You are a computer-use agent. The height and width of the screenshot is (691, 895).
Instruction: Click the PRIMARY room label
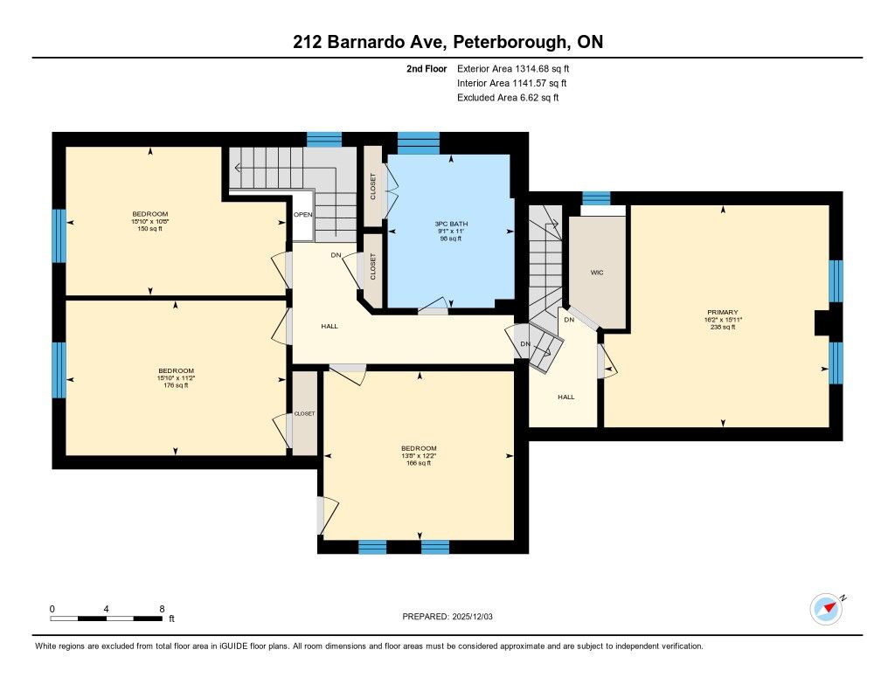click(x=723, y=312)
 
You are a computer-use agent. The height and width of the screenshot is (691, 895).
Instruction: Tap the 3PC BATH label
click(x=451, y=224)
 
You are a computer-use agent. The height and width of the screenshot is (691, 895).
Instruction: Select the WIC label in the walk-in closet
click(x=597, y=273)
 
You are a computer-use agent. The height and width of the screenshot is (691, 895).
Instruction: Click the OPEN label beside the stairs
click(x=303, y=215)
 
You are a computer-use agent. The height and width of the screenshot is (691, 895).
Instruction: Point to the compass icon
click(x=827, y=609)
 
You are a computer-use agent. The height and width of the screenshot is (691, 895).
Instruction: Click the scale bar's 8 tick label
click(x=162, y=609)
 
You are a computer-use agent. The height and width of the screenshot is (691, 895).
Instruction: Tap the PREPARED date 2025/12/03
click(x=473, y=616)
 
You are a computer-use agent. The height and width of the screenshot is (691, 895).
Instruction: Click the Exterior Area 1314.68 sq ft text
click(x=513, y=68)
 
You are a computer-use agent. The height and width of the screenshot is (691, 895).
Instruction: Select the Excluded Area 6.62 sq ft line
click(x=508, y=98)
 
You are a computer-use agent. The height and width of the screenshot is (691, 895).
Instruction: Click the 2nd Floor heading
click(x=427, y=68)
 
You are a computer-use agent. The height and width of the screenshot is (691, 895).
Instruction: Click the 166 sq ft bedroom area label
click(x=419, y=463)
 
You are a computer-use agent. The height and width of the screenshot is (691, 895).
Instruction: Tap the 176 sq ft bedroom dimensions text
click(x=177, y=377)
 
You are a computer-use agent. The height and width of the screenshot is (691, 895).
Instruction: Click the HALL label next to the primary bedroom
click(x=566, y=397)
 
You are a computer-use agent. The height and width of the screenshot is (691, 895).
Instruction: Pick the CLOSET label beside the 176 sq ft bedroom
click(x=304, y=414)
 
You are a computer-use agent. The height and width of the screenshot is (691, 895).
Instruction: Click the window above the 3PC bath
click(x=419, y=143)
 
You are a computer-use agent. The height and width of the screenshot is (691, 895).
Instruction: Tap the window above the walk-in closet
click(x=596, y=198)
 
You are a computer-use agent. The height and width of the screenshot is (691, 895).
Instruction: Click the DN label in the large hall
click(x=336, y=255)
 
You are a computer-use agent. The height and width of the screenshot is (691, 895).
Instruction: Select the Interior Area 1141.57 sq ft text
click(x=512, y=83)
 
